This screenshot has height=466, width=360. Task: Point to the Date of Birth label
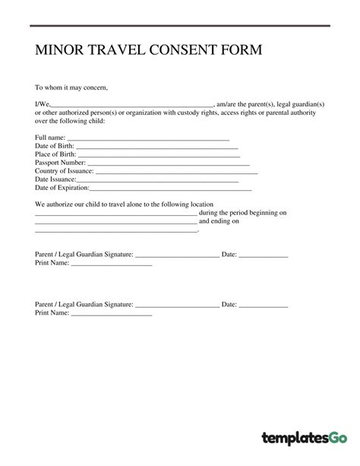tap(55, 146)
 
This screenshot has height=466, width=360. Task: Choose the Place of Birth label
tap(56, 154)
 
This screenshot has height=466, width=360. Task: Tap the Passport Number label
tap(61, 163)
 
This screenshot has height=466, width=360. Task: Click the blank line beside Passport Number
tap(168, 163)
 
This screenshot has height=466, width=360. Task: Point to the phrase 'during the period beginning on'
tap(242, 213)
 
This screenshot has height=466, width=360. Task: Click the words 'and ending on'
tap(219, 221)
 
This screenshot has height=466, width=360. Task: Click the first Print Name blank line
tap(112, 264)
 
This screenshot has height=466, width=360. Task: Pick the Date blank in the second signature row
tap(264, 306)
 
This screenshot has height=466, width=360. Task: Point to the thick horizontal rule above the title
tap(180, 26)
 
